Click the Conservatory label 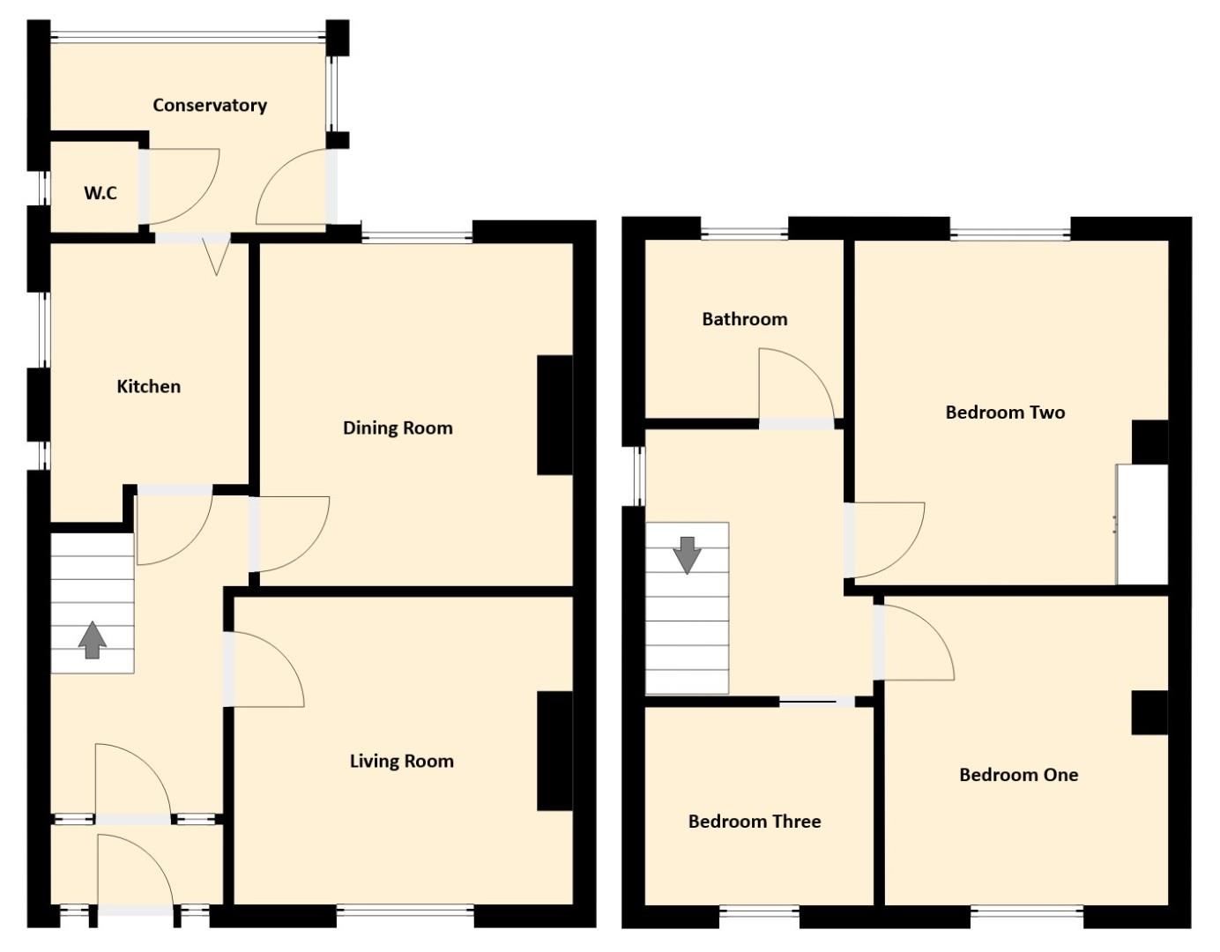210,106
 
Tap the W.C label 100,193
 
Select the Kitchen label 149,386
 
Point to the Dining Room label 398,428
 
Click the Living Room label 402,761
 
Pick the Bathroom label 745,319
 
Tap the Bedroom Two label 1005,413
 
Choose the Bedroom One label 1018,775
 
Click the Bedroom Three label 755,822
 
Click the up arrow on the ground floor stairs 93,639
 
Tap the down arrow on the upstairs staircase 688,555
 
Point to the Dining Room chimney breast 554,415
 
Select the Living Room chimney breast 554,751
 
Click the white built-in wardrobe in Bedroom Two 1142,524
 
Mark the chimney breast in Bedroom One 1149,713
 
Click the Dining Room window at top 417,237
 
